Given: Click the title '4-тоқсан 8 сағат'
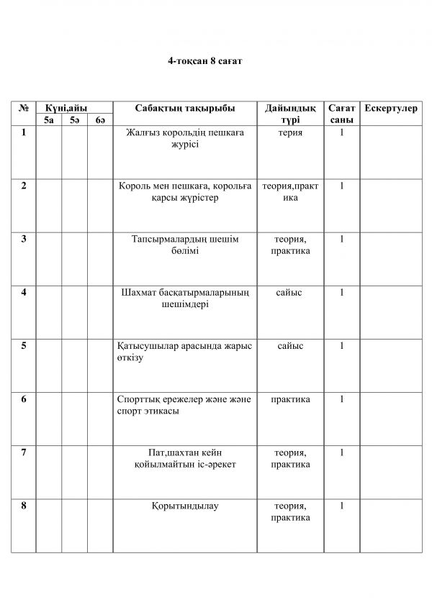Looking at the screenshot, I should tap(205, 63).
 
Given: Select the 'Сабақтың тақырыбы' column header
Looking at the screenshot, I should tap(185, 108).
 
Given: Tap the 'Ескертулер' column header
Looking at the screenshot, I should tap(390, 108).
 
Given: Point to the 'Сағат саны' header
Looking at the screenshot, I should tap(341, 114).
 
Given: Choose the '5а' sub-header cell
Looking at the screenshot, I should tap(48, 120).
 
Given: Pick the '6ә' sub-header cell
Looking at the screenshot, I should tap(100, 120).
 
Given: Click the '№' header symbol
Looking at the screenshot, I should tap(24, 108).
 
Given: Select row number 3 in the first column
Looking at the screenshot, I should tap(24, 239).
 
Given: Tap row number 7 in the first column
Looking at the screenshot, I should tap(24, 452).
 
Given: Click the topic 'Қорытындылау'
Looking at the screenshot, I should tap(185, 506).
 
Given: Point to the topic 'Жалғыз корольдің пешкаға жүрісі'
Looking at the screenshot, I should tap(185, 138).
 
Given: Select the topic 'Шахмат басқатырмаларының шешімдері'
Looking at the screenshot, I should tap(185, 298).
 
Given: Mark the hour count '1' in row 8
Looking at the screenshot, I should tap(341, 506).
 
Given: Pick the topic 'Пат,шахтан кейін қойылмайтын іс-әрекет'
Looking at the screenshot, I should tap(185, 458).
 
